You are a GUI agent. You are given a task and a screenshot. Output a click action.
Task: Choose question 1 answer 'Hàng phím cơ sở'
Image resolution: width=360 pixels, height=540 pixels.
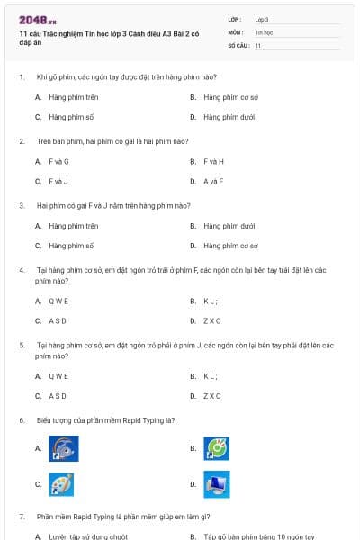pyautogui.click(x=230, y=97)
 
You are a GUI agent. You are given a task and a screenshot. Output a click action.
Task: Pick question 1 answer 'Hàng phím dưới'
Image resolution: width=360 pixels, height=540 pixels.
pyautogui.click(x=229, y=117)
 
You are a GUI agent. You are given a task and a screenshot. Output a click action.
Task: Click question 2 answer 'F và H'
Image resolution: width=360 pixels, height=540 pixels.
pyautogui.click(x=213, y=161)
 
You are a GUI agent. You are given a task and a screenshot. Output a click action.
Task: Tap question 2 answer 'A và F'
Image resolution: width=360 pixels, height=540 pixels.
pyautogui.click(x=213, y=181)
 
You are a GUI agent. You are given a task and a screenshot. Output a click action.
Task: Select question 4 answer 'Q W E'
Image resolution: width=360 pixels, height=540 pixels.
pyautogui.click(x=58, y=301)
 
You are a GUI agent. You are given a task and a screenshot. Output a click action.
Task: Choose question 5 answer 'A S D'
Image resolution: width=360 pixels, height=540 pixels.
pyautogui.click(x=58, y=395)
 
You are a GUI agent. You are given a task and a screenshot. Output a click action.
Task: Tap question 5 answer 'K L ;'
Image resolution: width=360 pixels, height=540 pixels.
pyautogui.click(x=211, y=375)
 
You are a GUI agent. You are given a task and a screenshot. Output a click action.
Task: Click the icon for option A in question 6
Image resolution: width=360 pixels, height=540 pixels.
pyautogui.click(x=63, y=448)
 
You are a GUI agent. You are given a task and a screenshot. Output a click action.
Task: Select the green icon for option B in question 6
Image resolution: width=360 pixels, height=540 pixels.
pyautogui.click(x=217, y=448)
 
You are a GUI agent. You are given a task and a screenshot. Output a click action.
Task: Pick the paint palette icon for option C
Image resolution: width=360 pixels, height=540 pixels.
pyautogui.click(x=61, y=485)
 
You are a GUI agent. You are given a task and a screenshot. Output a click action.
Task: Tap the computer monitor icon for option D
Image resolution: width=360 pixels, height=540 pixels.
pyautogui.click(x=217, y=485)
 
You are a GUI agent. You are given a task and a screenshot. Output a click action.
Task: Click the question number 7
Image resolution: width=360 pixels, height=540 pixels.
pyautogui.click(x=21, y=517)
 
